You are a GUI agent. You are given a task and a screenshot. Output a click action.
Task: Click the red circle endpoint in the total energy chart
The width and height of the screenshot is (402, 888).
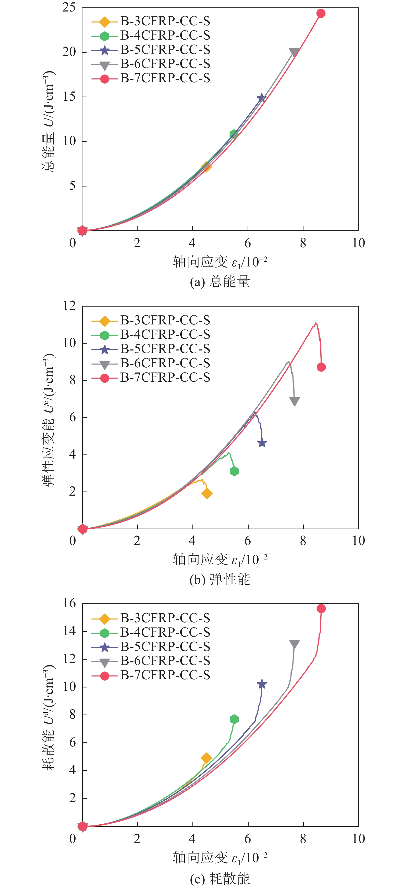(x=321, y=14)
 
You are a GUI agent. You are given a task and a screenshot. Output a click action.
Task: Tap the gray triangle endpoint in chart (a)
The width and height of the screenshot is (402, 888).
(x=294, y=52)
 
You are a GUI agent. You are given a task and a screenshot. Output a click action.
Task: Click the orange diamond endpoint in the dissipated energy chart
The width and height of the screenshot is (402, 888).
(x=206, y=758)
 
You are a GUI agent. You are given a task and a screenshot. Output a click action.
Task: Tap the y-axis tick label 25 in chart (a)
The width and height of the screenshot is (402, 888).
(x=69, y=8)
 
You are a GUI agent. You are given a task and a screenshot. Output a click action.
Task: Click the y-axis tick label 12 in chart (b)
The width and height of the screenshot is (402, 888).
(x=69, y=306)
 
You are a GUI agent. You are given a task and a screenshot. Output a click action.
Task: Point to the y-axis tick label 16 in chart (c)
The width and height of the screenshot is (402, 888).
(x=69, y=603)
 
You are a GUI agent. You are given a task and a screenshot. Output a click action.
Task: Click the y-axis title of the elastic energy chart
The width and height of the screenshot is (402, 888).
(x=48, y=420)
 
